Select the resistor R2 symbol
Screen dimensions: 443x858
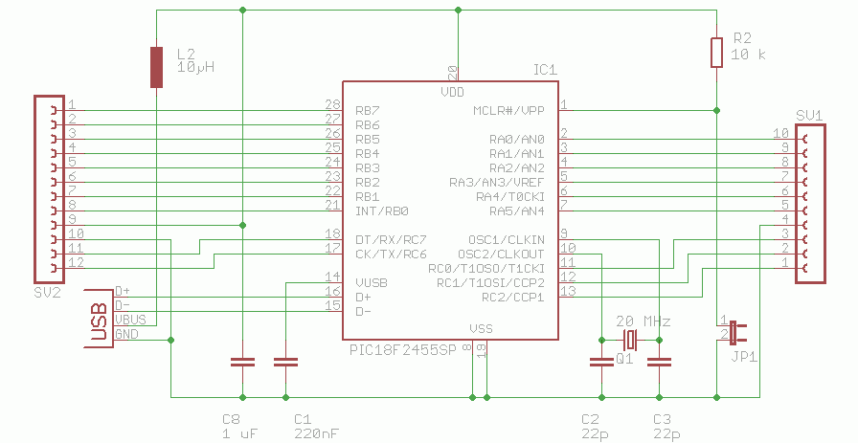[716, 53]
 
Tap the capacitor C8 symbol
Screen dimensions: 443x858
[243, 363]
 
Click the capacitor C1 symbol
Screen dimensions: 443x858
[285, 363]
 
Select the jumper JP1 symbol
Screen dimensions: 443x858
[734, 333]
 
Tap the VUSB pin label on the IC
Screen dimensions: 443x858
[371, 282]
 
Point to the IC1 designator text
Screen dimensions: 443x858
[545, 70]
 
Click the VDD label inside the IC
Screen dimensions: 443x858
[453, 92]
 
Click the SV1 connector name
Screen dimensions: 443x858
[810, 115]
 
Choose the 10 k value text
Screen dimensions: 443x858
[749, 55]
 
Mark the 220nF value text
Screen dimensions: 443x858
[316, 433]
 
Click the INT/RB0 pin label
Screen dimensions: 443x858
[381, 210]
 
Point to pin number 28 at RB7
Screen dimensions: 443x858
[333, 104]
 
